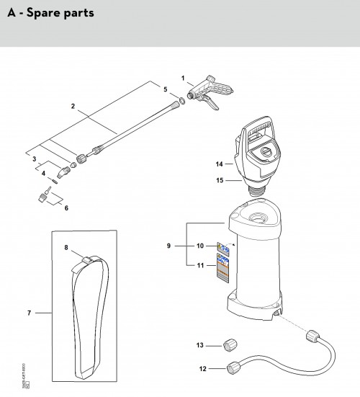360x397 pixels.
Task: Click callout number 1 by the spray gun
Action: (x=183, y=77)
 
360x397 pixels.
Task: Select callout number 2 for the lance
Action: (x=73, y=107)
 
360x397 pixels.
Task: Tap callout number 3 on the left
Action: (x=32, y=157)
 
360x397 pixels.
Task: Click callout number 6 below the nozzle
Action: (x=66, y=208)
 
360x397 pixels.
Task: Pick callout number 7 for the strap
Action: (x=30, y=313)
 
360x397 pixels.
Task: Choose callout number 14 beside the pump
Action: (x=220, y=164)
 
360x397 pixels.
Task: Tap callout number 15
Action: (x=220, y=180)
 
